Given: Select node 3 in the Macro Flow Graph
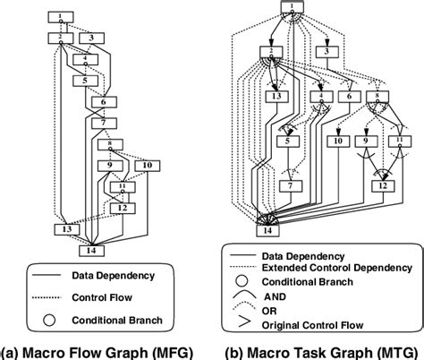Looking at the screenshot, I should [x=91, y=39].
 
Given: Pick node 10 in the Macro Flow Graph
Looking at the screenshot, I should [x=147, y=166].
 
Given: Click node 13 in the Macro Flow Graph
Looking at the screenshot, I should [x=64, y=229].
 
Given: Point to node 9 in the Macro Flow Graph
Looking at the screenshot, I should [x=110, y=166].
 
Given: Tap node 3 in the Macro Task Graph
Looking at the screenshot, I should [x=328, y=53].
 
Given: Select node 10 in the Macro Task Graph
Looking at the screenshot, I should [x=338, y=141].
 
